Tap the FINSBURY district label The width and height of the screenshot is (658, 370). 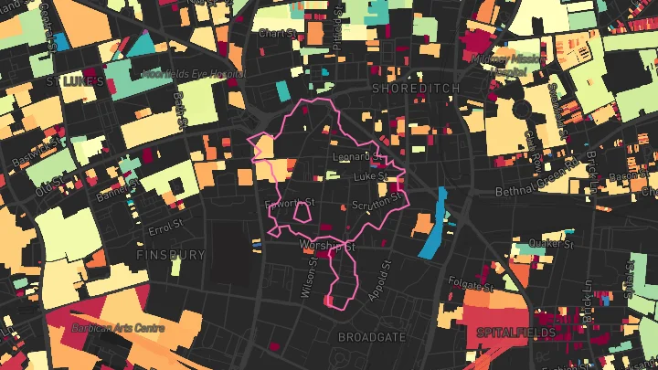point(171,255)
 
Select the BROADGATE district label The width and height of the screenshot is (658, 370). point(372,337)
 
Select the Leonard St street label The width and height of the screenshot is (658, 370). point(354,157)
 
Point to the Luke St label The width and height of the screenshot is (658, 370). point(371,174)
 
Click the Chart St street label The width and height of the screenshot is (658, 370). point(274,34)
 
